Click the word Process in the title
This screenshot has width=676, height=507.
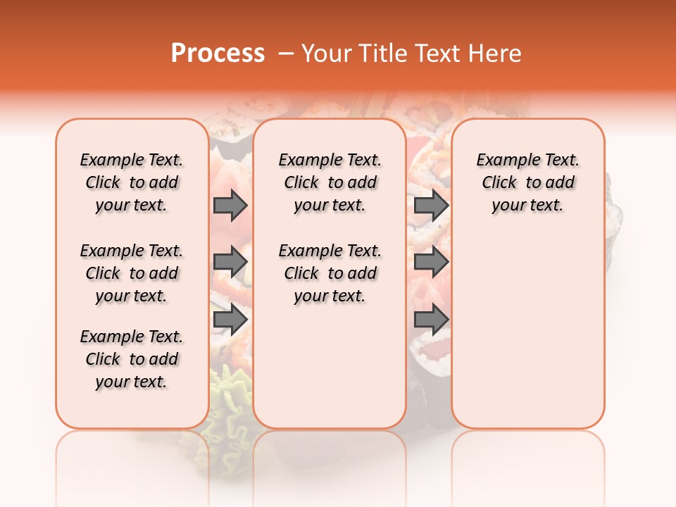[218, 54]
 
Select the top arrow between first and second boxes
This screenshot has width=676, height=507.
[230, 206]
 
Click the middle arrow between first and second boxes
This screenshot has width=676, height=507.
[230, 262]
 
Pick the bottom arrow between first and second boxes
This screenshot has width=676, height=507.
[230, 319]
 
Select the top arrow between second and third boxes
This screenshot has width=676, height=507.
[431, 206]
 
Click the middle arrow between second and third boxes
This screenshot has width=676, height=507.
[431, 262]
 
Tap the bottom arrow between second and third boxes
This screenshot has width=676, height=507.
[431, 319]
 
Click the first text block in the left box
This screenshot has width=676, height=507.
[132, 182]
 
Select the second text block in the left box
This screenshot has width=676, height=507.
[132, 273]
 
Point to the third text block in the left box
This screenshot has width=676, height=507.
[132, 359]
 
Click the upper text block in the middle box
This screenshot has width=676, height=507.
[330, 182]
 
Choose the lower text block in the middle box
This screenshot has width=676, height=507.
[330, 273]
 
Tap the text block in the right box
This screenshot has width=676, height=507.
[527, 182]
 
